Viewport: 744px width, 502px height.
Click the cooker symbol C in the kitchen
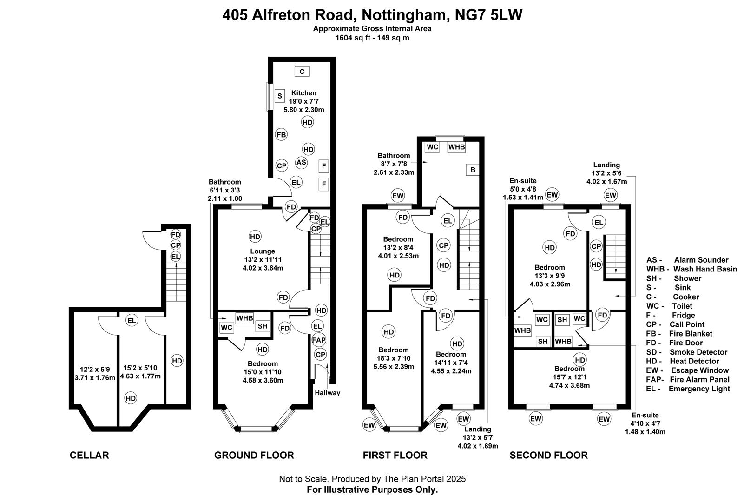302,72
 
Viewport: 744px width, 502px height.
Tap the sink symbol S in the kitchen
279,96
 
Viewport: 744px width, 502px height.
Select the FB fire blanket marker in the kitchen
281,135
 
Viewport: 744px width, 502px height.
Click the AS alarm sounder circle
301,162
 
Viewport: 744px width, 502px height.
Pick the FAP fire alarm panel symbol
319,340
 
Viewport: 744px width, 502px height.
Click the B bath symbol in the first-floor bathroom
473,170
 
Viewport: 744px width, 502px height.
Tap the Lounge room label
263,251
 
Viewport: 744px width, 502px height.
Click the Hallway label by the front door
328,393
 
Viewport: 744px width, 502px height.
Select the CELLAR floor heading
89,455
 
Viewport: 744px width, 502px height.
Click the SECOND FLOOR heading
548,455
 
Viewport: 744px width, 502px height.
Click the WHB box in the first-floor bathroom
456,147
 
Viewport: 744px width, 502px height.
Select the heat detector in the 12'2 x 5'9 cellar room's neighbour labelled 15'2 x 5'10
131,398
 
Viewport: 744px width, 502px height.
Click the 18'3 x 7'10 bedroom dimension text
394,358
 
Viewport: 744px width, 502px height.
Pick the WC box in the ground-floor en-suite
226,327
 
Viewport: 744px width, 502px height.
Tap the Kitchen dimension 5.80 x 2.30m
303,110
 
